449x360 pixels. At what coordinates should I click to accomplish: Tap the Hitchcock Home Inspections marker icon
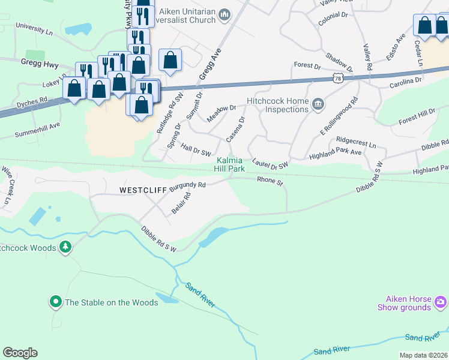318,106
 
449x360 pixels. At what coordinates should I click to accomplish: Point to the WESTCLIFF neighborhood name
143,190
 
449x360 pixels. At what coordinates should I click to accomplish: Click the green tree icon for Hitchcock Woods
65,247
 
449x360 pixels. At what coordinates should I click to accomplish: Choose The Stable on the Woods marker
56,302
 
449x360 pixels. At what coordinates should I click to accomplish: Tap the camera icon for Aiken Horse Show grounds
440,301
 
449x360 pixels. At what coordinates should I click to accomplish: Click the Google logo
20,352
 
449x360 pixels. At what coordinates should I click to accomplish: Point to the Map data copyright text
423,355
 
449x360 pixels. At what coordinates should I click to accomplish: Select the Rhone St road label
270,180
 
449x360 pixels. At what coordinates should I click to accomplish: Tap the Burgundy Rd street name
187,187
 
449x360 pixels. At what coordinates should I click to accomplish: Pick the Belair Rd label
180,203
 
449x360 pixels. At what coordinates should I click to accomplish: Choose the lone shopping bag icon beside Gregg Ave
170,60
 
